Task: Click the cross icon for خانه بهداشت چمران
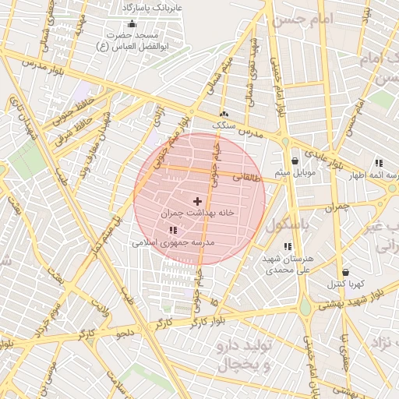196,201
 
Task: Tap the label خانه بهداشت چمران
198,213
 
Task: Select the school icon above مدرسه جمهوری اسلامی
172,230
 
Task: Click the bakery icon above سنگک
224,113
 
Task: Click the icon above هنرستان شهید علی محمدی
288,246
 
